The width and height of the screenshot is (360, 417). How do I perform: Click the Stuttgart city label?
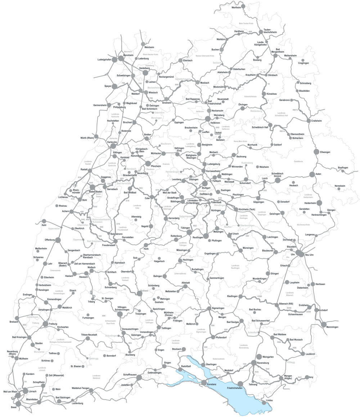pyautogui.click(x=206, y=188)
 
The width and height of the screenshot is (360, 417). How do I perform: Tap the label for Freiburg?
pyautogui.click(x=53, y=324)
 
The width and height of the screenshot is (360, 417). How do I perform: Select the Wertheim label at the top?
pyautogui.click(x=236, y=8)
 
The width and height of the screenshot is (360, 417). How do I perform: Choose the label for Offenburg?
pyautogui.click(x=49, y=240)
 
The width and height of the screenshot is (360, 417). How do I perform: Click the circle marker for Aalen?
pyautogui.click(x=312, y=174)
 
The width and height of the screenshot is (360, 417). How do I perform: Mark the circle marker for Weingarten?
pyautogui.click(x=260, y=356)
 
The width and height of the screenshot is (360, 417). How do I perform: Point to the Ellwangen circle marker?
pyautogui.click(x=317, y=152)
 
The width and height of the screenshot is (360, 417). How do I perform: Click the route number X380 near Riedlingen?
pyautogui.click(x=260, y=297)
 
